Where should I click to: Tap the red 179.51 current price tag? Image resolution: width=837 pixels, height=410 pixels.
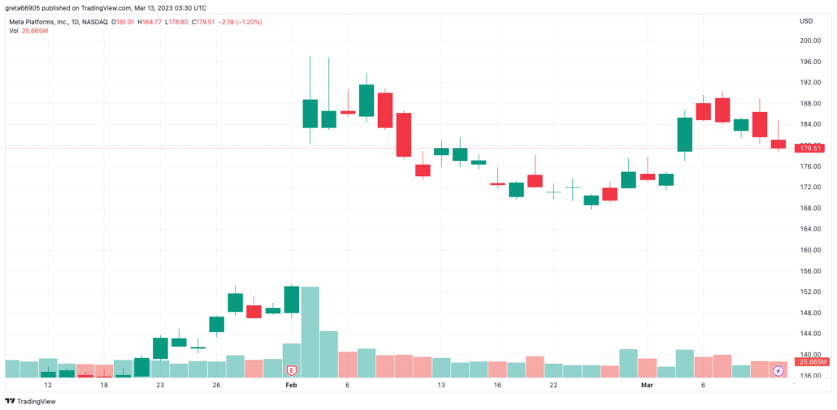[811, 149]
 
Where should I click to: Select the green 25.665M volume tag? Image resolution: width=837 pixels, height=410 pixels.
[811, 362]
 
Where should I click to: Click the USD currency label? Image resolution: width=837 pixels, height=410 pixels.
[806, 20]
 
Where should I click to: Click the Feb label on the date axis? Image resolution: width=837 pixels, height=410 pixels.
[291, 386]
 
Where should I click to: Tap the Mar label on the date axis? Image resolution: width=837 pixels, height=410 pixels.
[648, 386]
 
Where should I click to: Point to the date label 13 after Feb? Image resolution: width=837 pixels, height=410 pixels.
[441, 386]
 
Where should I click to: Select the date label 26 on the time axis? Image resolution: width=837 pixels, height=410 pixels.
[216, 386]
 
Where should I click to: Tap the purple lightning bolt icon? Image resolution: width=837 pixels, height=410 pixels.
[778, 371]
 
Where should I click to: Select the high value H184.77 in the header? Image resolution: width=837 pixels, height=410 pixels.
[165, 22]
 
